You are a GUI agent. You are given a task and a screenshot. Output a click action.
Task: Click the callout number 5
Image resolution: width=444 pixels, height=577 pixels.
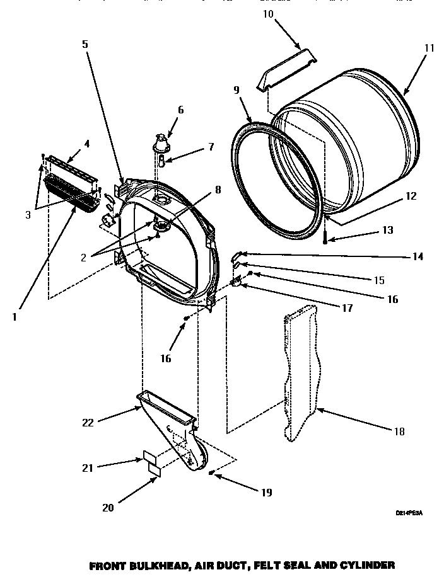pos(84,45)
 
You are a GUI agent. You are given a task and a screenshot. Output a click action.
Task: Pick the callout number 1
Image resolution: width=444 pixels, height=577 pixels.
pos(14,317)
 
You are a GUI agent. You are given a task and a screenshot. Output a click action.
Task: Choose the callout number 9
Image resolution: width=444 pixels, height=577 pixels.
pos(236,90)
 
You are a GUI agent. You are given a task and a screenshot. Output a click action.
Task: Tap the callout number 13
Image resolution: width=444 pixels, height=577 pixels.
pos(388,231)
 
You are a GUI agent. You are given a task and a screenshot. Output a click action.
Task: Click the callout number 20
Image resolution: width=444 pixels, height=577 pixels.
pos(108,508)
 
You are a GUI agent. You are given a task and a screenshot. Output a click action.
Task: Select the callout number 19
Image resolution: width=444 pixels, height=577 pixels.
pos(266,492)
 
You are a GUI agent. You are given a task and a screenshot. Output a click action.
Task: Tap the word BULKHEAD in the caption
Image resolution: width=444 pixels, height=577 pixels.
pos(149,566)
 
